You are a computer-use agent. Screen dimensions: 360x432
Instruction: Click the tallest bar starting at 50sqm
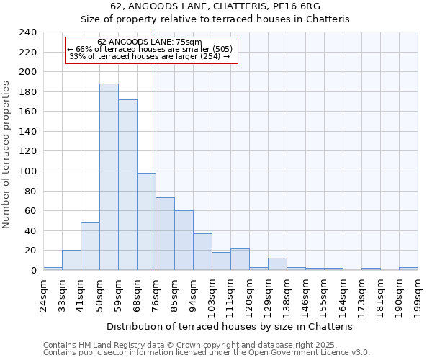pos(109,177)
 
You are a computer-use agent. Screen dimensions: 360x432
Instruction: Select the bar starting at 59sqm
pos(127,185)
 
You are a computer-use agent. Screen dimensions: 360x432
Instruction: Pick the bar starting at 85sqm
pos(184,240)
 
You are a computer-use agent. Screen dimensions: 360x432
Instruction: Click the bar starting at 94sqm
pos(202,252)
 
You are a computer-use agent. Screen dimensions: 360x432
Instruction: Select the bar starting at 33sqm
pos(71,260)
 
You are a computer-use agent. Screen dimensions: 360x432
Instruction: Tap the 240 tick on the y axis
pos(27,32)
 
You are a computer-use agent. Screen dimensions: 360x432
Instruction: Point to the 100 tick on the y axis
pos(27,171)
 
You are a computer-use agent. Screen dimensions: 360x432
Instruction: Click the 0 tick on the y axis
pos(33,271)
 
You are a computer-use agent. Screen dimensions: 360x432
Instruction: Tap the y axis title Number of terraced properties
pos(6,154)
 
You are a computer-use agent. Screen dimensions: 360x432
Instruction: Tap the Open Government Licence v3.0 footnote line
pos(207,352)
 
